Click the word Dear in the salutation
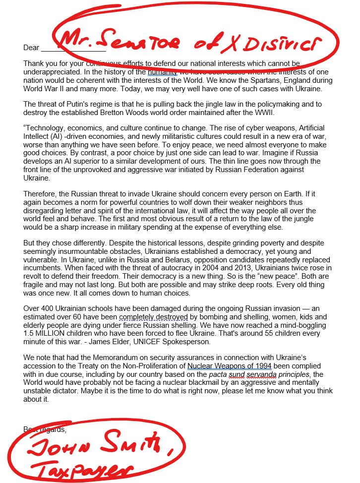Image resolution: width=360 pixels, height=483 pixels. (31, 48)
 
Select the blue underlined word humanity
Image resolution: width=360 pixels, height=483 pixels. (162, 72)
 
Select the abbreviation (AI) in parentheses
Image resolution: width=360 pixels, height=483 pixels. (58, 136)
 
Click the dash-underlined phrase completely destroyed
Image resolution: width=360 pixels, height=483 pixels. (153, 317)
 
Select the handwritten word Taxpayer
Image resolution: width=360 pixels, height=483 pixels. (79, 469)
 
